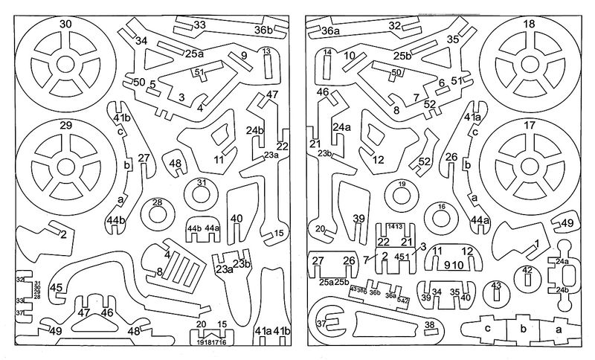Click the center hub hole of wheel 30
click(66, 69)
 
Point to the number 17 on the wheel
click(529, 126)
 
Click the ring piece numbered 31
click(202, 193)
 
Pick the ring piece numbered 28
click(158, 213)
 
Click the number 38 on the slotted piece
click(430, 324)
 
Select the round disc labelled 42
click(527, 277)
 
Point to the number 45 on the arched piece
click(57, 287)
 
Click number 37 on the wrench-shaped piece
click(321, 324)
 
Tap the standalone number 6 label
click(441, 83)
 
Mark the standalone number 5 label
click(152, 84)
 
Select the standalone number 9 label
click(243, 56)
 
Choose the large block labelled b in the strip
click(523, 328)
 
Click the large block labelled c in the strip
click(488, 328)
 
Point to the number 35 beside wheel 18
click(453, 39)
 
